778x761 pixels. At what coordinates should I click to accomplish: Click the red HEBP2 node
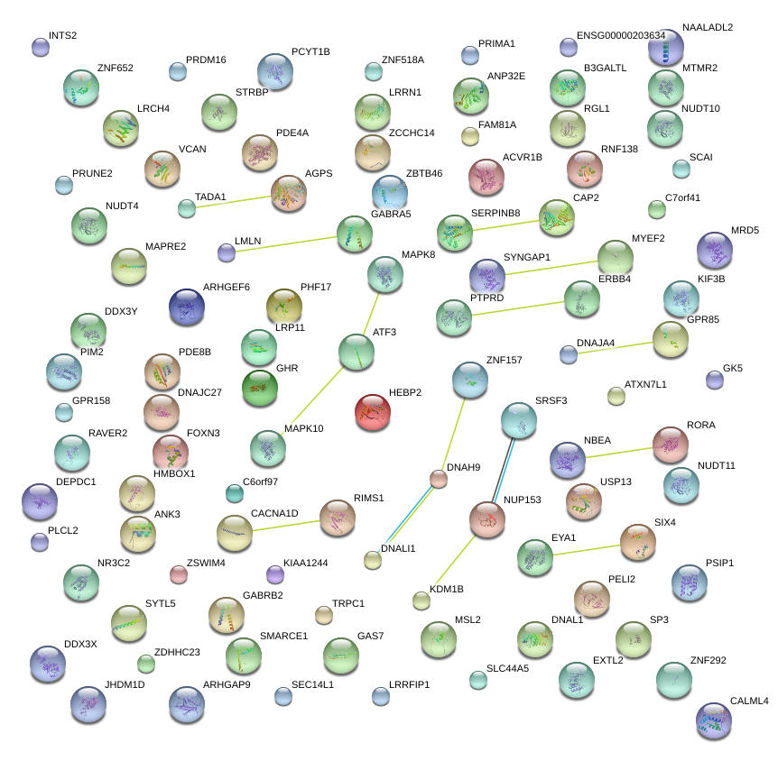point(373,411)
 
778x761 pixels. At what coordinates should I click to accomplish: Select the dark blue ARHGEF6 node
point(187,307)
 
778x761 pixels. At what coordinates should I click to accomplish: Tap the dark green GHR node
point(259,387)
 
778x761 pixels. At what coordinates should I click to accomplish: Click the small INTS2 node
point(40,47)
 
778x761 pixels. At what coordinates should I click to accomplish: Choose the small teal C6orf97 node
point(234,492)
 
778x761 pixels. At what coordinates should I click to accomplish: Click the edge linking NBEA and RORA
point(618,452)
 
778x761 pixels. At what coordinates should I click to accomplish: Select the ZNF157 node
point(469,380)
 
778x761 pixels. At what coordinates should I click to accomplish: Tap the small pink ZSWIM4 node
point(179,573)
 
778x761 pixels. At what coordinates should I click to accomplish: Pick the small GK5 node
point(714,380)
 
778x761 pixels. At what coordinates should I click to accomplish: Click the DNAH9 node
point(439,479)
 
